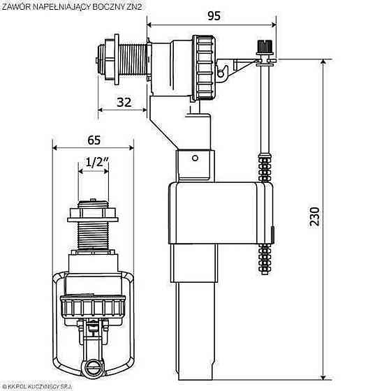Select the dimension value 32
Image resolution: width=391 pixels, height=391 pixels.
tap(124, 102)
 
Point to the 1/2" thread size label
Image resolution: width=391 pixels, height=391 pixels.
tap(94, 163)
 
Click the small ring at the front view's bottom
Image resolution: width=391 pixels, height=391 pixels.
tap(92, 366)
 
